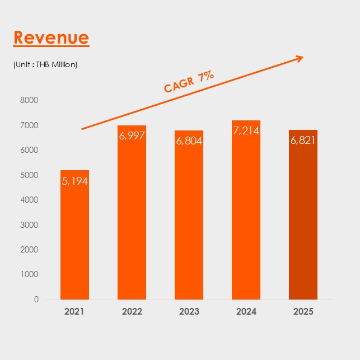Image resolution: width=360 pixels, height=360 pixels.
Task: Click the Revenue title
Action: (x=51, y=38)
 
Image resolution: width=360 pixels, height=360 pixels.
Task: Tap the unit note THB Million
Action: (x=45, y=64)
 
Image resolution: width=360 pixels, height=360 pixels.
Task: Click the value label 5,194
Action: (x=74, y=181)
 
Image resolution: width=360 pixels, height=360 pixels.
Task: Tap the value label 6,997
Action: (x=132, y=136)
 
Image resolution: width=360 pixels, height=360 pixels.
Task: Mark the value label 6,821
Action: (x=303, y=141)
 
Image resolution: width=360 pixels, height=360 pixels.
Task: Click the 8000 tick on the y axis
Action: (x=29, y=100)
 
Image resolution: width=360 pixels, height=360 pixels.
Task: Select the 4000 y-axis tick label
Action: (x=29, y=200)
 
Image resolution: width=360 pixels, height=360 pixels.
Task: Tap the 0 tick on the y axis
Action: (x=36, y=299)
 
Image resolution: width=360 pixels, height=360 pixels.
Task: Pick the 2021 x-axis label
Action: (x=74, y=311)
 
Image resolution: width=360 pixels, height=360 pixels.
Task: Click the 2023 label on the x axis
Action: (x=189, y=311)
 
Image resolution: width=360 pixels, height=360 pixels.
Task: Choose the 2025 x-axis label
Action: (x=303, y=311)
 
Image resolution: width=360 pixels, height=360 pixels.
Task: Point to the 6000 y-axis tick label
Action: (x=29, y=150)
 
